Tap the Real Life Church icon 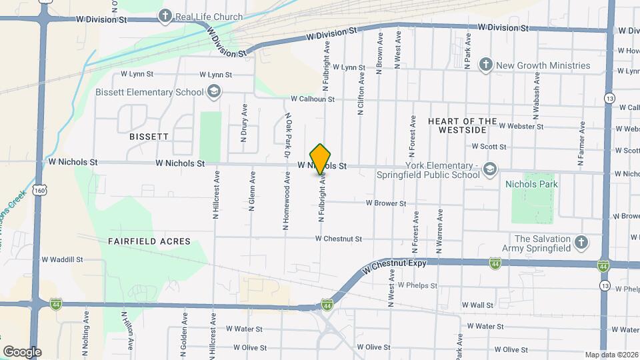click(x=165, y=16)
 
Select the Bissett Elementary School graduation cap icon click(x=214, y=92)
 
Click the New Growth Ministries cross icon click(x=486, y=65)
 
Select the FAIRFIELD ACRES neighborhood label click(x=149, y=241)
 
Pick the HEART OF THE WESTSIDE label click(x=471, y=125)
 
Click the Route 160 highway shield click(x=41, y=191)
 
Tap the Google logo click(x=22, y=352)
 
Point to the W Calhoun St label click(x=312, y=99)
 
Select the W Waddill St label click(x=62, y=260)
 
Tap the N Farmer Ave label click(x=581, y=143)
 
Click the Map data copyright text click(x=611, y=355)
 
